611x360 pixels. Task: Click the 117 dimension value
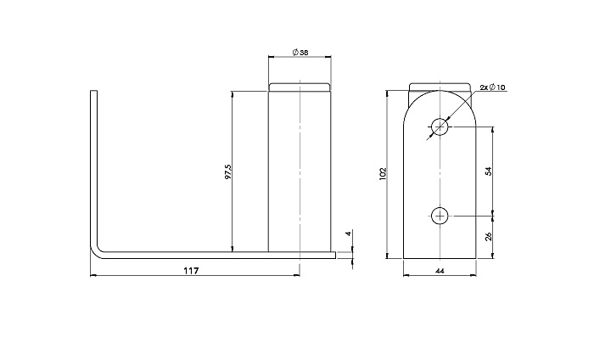(x=191, y=270)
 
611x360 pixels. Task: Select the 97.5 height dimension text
(x=228, y=172)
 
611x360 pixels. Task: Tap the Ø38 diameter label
(x=300, y=53)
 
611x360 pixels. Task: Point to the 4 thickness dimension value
(x=349, y=233)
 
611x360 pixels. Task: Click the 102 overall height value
(x=382, y=174)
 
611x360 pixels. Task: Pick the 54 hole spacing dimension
(x=489, y=171)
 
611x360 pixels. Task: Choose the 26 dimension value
(x=489, y=236)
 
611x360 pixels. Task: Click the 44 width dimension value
(x=440, y=271)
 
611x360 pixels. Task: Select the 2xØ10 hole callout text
(x=492, y=87)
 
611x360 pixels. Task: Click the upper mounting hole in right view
(x=440, y=127)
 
